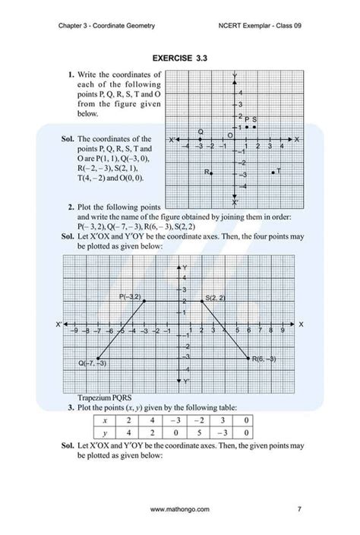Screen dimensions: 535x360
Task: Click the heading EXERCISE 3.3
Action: coord(180,58)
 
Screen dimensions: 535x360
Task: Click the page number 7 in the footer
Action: coord(299,509)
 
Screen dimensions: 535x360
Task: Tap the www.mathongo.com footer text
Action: coord(180,509)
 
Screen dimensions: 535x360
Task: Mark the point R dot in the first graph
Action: coord(211,173)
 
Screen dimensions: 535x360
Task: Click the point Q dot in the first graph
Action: coord(201,139)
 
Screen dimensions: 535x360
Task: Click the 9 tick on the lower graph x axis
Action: coord(283,331)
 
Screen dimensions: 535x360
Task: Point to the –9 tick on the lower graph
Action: coord(73,331)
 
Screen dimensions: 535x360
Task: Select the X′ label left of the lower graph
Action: coord(58,324)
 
